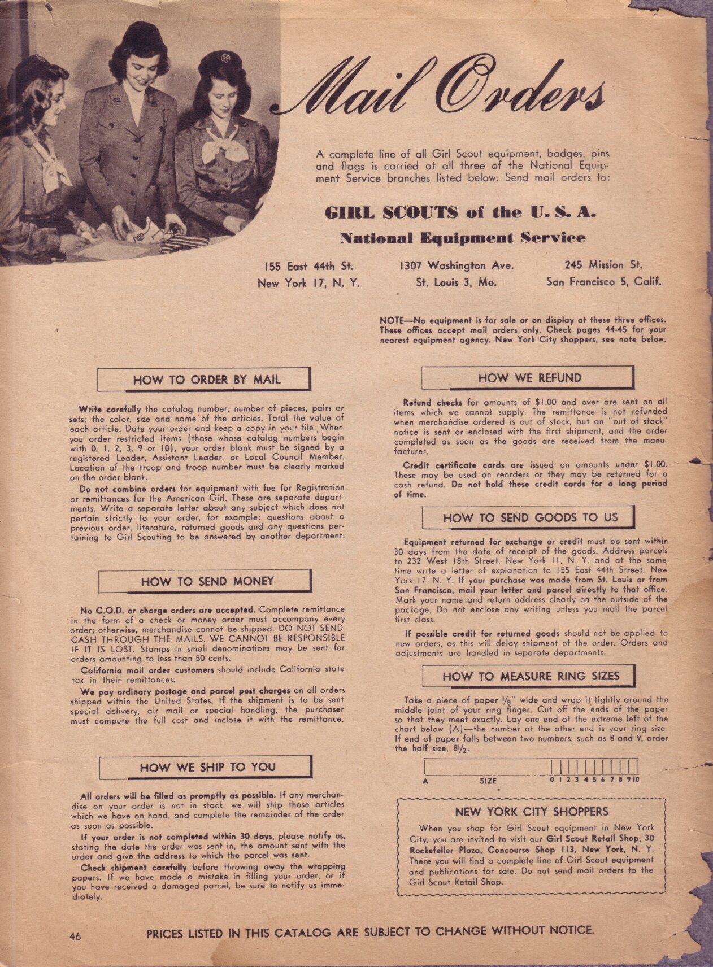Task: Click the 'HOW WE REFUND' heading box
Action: [x=528, y=378]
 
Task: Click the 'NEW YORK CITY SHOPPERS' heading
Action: [x=531, y=812]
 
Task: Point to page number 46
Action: [x=75, y=936]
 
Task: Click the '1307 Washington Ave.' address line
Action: [x=457, y=265]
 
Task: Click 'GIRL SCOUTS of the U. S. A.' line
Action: [x=460, y=213]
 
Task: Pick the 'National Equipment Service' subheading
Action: [x=462, y=238]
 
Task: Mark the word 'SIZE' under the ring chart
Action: [x=488, y=781]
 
